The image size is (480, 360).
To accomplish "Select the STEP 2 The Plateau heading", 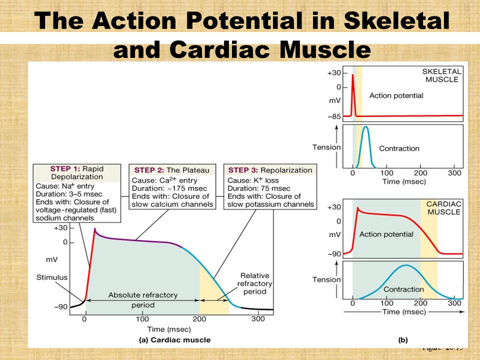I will click(x=172, y=170).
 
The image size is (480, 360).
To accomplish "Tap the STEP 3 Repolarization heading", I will click(x=270, y=170).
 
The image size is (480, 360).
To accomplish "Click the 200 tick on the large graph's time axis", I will click(x=199, y=319).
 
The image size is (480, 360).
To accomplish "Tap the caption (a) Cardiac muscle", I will click(x=174, y=339).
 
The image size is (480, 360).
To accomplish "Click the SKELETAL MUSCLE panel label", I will click(x=442, y=75).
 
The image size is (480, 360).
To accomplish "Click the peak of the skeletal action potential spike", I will click(x=353, y=74).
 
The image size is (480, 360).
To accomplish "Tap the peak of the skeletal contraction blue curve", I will click(x=366, y=127).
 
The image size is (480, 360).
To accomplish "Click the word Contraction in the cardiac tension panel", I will click(x=403, y=289).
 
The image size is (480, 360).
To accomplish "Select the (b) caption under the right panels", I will click(x=402, y=339).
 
